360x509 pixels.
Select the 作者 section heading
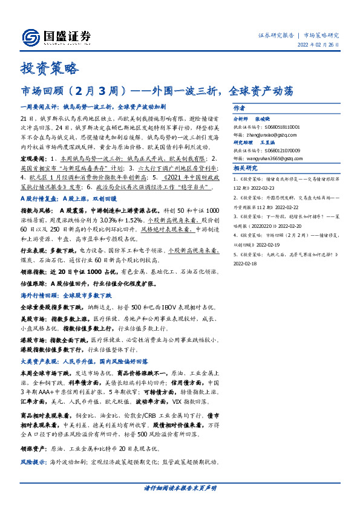(x=238, y=106)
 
